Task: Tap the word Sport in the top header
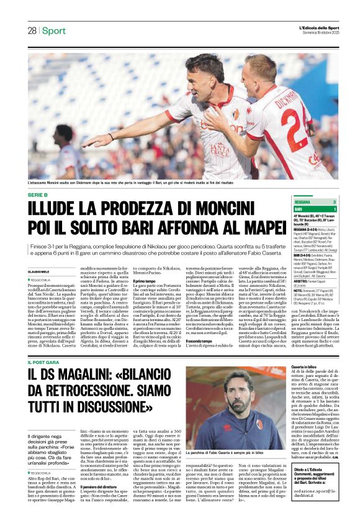click(54, 31)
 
